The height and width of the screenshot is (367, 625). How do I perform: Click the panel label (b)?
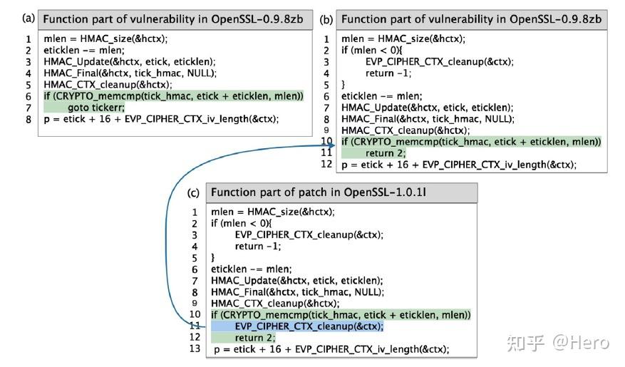tap(326, 19)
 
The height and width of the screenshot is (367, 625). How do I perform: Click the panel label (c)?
tap(194, 192)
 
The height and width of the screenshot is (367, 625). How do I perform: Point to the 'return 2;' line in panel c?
tap(254, 337)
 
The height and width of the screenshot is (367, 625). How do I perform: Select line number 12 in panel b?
tap(326, 165)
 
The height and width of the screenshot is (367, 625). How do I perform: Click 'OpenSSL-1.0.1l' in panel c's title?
tap(401, 192)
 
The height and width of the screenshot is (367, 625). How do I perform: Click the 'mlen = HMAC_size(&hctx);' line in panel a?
tap(100, 38)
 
